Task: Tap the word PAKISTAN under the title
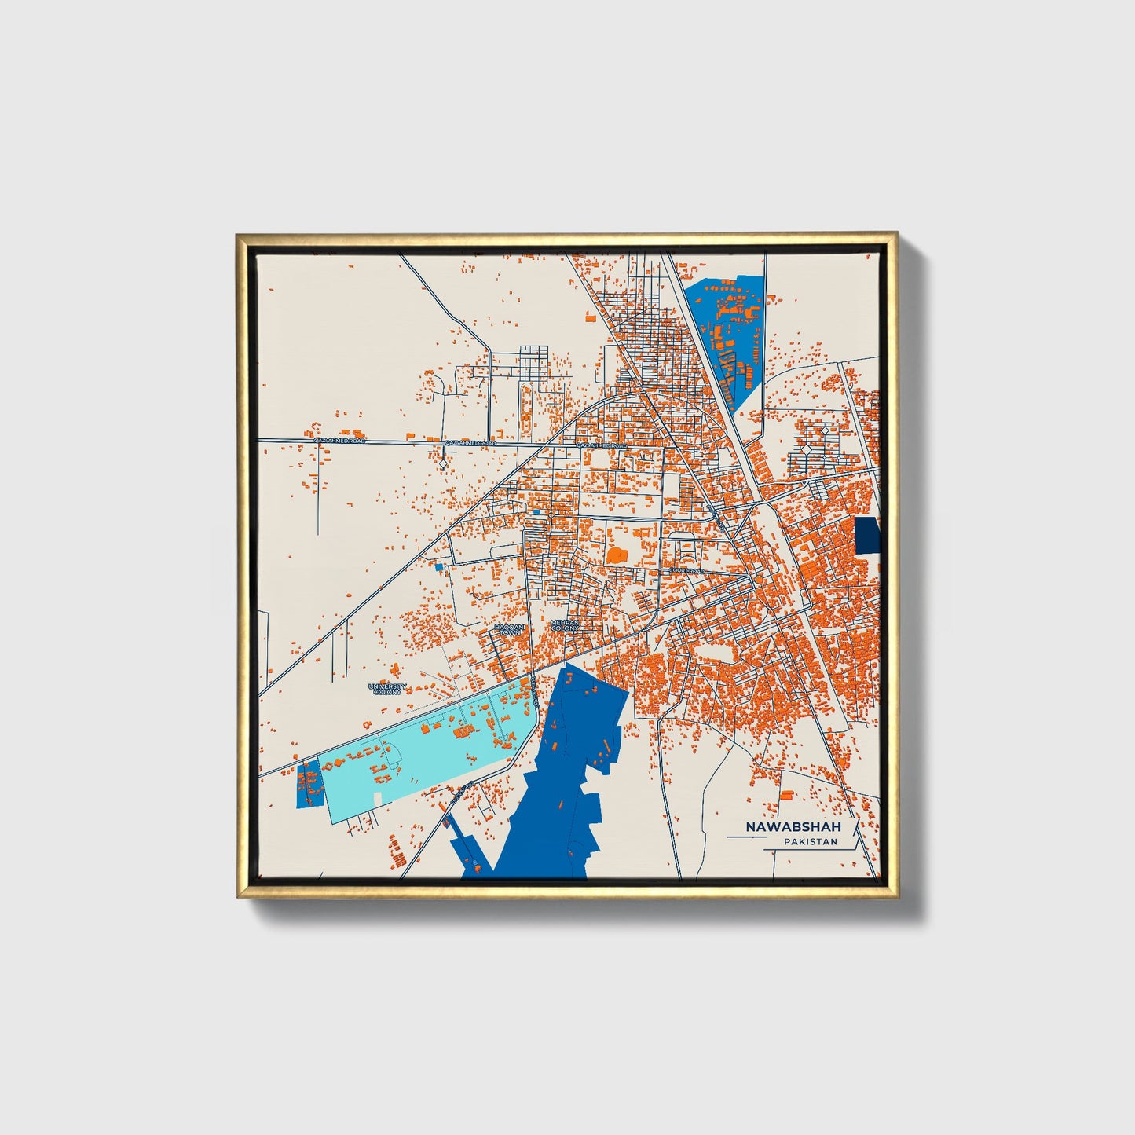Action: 810,842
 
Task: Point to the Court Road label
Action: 686,571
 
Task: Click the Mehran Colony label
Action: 565,625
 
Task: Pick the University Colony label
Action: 388,689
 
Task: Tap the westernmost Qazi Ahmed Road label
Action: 339,441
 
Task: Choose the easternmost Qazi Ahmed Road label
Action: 602,445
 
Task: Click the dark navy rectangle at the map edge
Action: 866,536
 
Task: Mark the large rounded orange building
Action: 617,555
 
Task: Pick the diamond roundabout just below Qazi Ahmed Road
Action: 444,466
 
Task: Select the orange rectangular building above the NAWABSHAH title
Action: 786,794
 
